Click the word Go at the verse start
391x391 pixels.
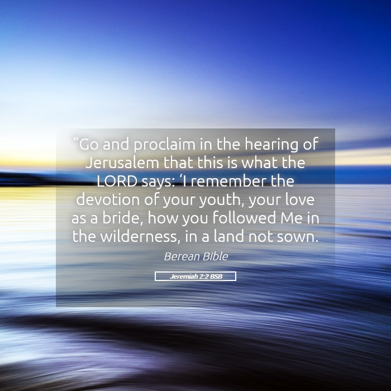89,144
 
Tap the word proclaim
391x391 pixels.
165,145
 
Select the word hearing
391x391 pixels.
271,145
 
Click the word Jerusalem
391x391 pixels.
122,163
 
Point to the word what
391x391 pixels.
259,163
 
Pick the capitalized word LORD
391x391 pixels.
117,181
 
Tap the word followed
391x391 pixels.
245,217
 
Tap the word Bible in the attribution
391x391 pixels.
215,256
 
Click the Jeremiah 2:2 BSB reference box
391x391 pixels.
195,276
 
